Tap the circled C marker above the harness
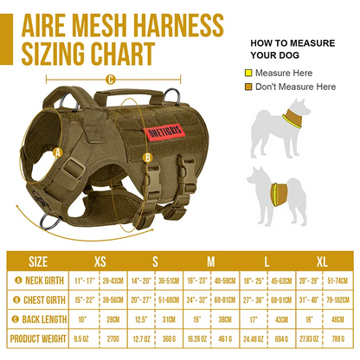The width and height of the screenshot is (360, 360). tap(110, 80)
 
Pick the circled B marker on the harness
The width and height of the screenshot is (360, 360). tap(147, 157)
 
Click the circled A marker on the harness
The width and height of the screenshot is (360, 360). tap(58, 152)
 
